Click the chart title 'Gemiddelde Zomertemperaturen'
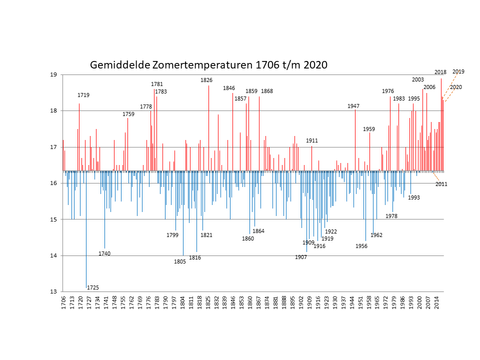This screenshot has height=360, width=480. pos(171,65)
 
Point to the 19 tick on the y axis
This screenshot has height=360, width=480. pos(54,74)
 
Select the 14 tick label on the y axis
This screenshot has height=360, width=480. pos(54,255)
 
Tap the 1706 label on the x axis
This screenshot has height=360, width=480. pos(63,302)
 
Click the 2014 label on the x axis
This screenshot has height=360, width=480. pos(437,302)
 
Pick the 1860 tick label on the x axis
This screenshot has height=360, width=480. pos(250,302)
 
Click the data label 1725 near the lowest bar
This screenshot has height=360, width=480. pos(93,287)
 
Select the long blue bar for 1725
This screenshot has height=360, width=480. pos(86,229)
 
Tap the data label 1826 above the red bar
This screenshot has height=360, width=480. pos(206,80)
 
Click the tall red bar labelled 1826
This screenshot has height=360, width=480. pos(209,128)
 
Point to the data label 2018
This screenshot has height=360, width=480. pos(440,72)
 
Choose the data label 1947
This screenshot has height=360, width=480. pos(353,106)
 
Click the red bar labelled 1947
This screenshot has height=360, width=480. pos(355,140)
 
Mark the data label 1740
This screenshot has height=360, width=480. pos(104,253)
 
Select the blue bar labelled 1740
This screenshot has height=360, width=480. pos(104,209)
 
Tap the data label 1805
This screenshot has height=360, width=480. pos(180,261)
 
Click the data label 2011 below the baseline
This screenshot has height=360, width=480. pos(441,184)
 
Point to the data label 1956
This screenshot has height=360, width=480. pos(361,246)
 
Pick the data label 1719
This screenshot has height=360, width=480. pos(83,95)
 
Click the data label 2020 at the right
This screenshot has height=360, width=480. pos(456,87)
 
